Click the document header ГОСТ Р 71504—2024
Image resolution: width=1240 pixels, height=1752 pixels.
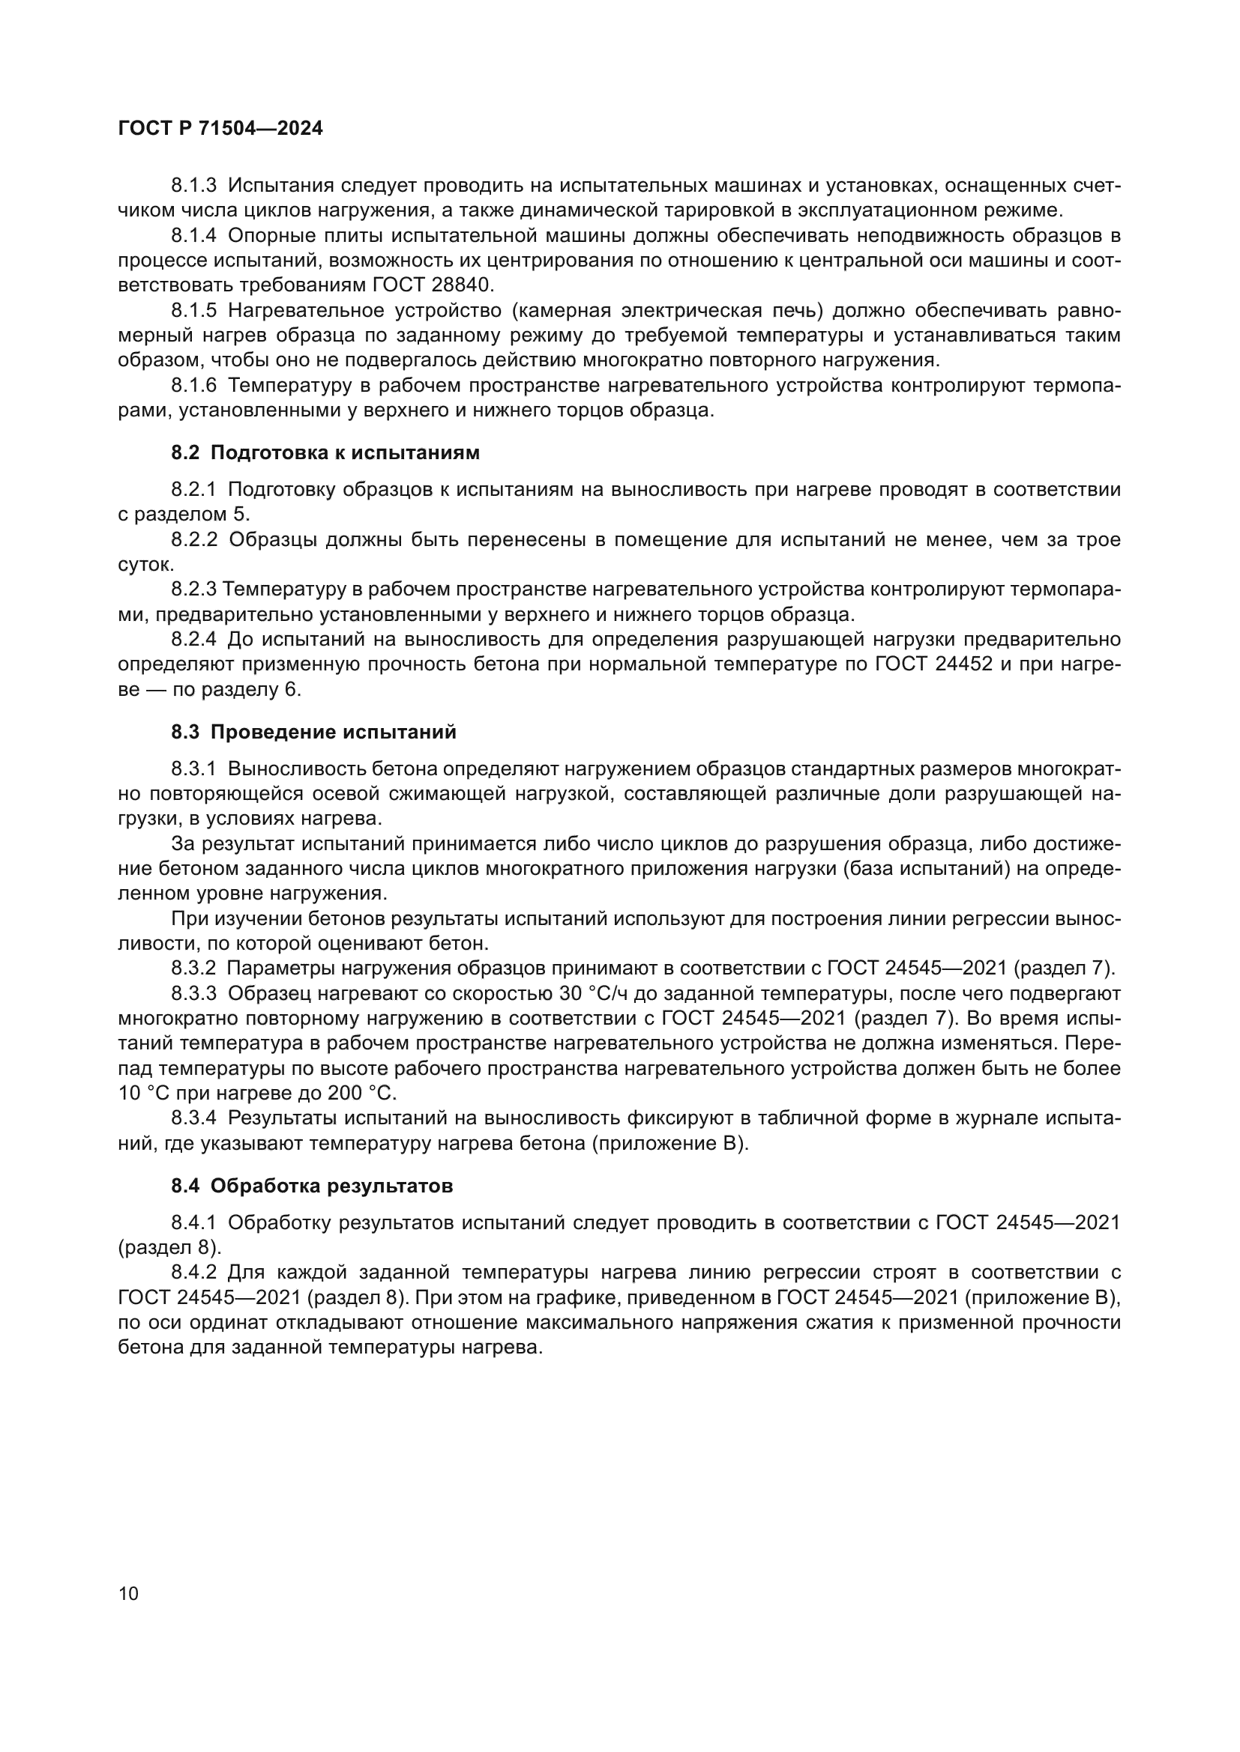(220, 128)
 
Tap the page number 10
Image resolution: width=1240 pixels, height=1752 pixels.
(129, 1593)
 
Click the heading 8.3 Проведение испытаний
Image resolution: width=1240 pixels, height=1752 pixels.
(313, 732)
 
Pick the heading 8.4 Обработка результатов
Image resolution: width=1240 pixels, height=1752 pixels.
(312, 1186)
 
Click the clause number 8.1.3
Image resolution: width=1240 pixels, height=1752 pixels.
(193, 186)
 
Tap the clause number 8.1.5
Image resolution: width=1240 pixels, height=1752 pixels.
(193, 311)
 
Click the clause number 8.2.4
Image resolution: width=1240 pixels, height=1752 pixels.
(193, 639)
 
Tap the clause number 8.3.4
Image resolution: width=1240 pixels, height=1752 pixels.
(193, 1118)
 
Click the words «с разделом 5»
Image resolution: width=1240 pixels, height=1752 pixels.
(183, 515)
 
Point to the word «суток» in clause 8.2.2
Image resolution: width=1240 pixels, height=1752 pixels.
(145, 565)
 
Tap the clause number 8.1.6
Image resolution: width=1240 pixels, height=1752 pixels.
(193, 385)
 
